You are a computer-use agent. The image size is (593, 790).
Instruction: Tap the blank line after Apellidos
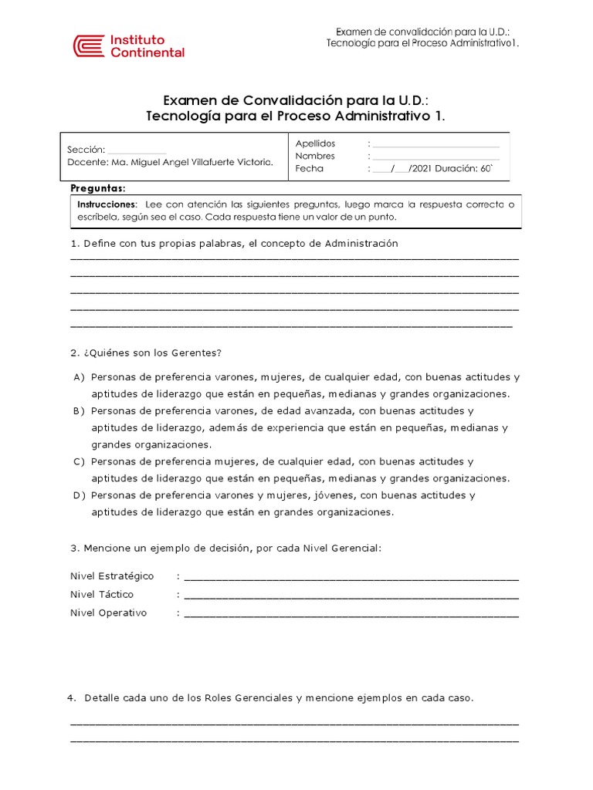[x=435, y=145]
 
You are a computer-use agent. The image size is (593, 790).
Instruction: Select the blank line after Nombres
[x=435, y=157]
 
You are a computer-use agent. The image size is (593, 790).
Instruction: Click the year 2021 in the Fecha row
[x=421, y=168]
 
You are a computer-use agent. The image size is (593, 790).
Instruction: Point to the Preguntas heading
[x=97, y=188]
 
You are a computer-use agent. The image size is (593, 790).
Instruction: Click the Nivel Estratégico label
[x=112, y=576]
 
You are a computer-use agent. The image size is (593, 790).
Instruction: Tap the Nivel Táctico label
[x=102, y=595]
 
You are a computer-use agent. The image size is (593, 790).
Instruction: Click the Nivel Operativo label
[x=108, y=613]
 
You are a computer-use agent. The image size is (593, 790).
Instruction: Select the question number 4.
[x=71, y=698]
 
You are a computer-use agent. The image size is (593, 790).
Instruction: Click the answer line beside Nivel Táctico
[x=351, y=597]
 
